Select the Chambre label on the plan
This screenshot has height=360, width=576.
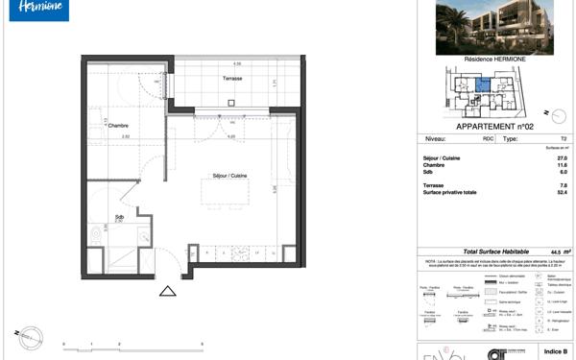[x=117, y=126]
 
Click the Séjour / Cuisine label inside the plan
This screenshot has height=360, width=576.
[x=229, y=175]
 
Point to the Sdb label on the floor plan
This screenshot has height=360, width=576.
[x=118, y=216]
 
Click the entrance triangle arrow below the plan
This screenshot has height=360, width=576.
[x=168, y=291]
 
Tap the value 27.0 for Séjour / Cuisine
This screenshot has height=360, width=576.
[x=537, y=157]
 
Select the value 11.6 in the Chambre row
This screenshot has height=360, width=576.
[x=537, y=164]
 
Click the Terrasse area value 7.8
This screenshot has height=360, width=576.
[x=537, y=185]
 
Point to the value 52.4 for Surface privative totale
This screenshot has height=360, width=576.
[x=537, y=192]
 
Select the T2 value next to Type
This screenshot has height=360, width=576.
[x=538, y=139]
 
